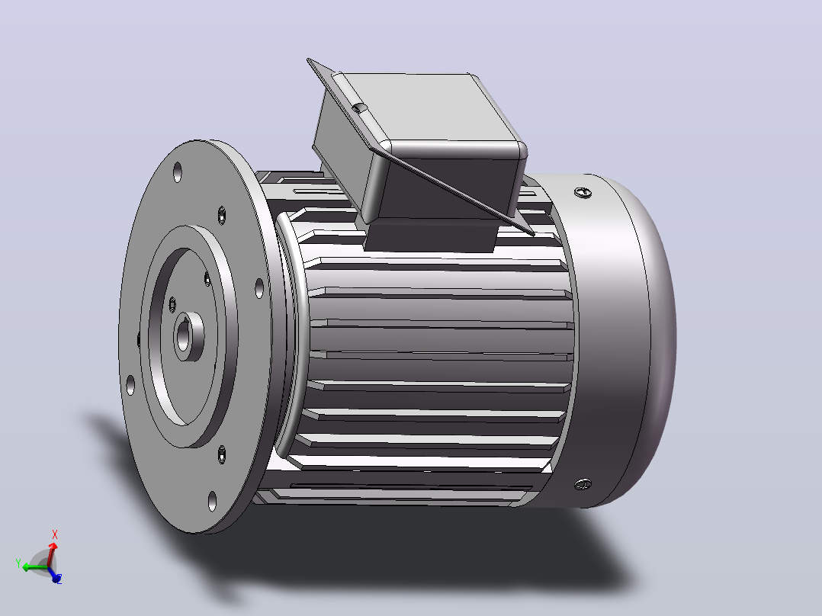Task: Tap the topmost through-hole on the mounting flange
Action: (x=177, y=172)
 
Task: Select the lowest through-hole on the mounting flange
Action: (x=212, y=501)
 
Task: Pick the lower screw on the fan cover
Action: (x=583, y=484)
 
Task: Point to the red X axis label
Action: (x=55, y=534)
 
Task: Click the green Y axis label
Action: (x=18, y=563)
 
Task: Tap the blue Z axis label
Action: (x=59, y=579)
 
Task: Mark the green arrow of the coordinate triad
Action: (x=34, y=567)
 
